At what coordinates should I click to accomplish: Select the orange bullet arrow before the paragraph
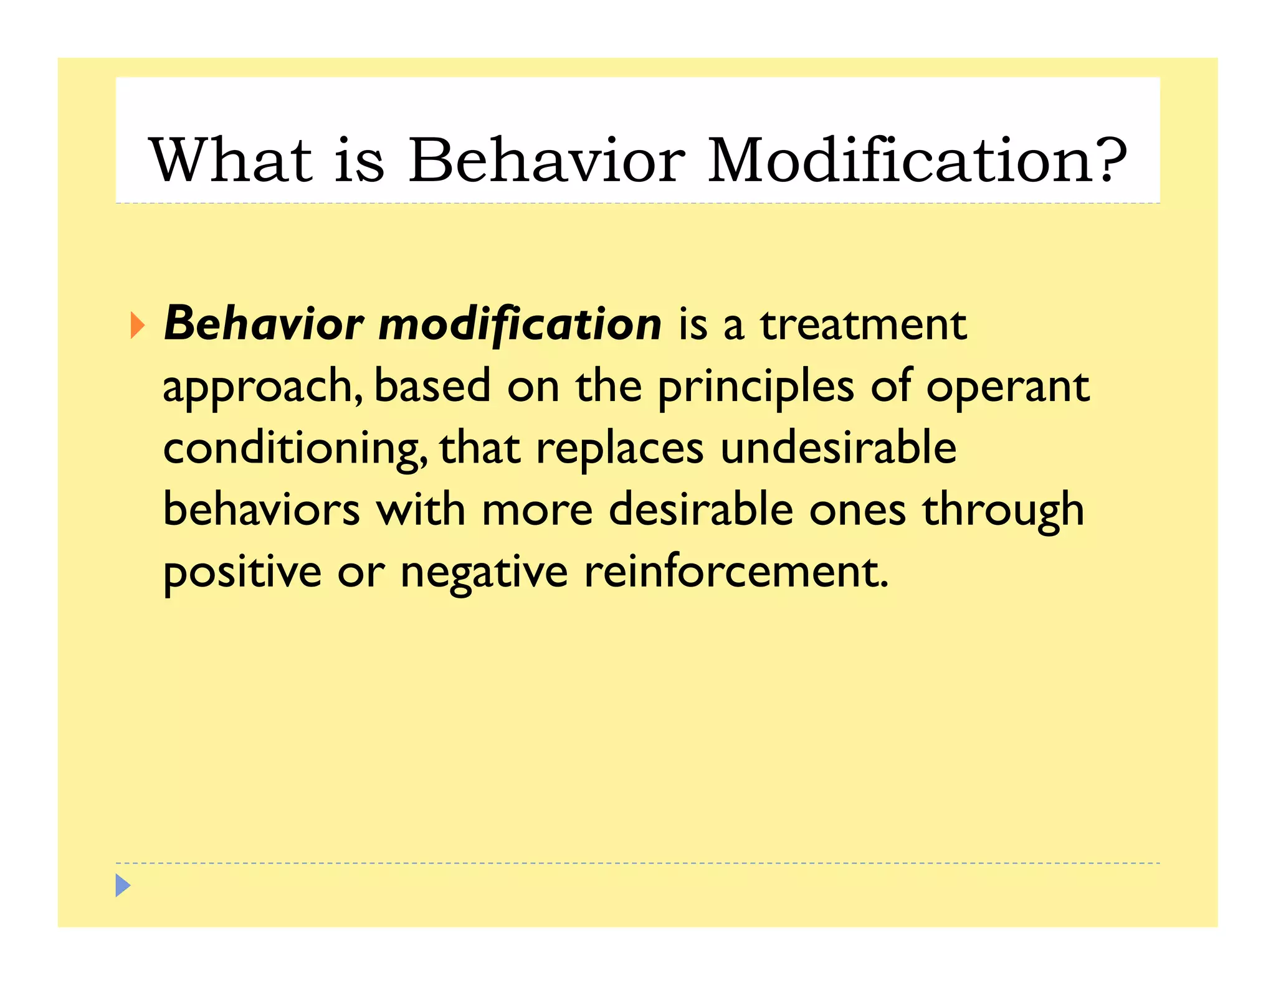click(137, 326)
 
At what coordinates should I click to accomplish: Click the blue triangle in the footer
click(123, 885)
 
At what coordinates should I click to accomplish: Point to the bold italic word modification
click(520, 326)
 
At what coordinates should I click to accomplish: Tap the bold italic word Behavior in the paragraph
click(264, 324)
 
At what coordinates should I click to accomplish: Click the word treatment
click(863, 326)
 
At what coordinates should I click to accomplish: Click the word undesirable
click(838, 448)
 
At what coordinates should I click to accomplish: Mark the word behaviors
click(262, 510)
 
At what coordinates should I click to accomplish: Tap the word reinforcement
click(735, 572)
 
